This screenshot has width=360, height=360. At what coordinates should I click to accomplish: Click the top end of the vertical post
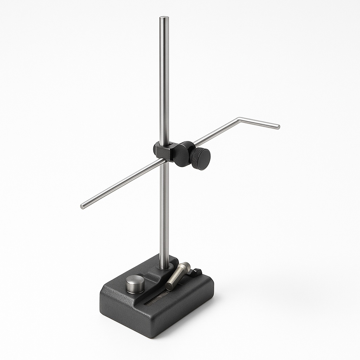tap(164, 18)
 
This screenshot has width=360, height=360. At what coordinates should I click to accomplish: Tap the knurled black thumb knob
tap(201, 159)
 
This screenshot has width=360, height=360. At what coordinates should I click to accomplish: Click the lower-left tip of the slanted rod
tap(83, 206)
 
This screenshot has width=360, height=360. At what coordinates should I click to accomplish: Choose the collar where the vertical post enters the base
tap(164, 268)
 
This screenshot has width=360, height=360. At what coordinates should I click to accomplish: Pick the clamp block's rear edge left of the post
tap(156, 149)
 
